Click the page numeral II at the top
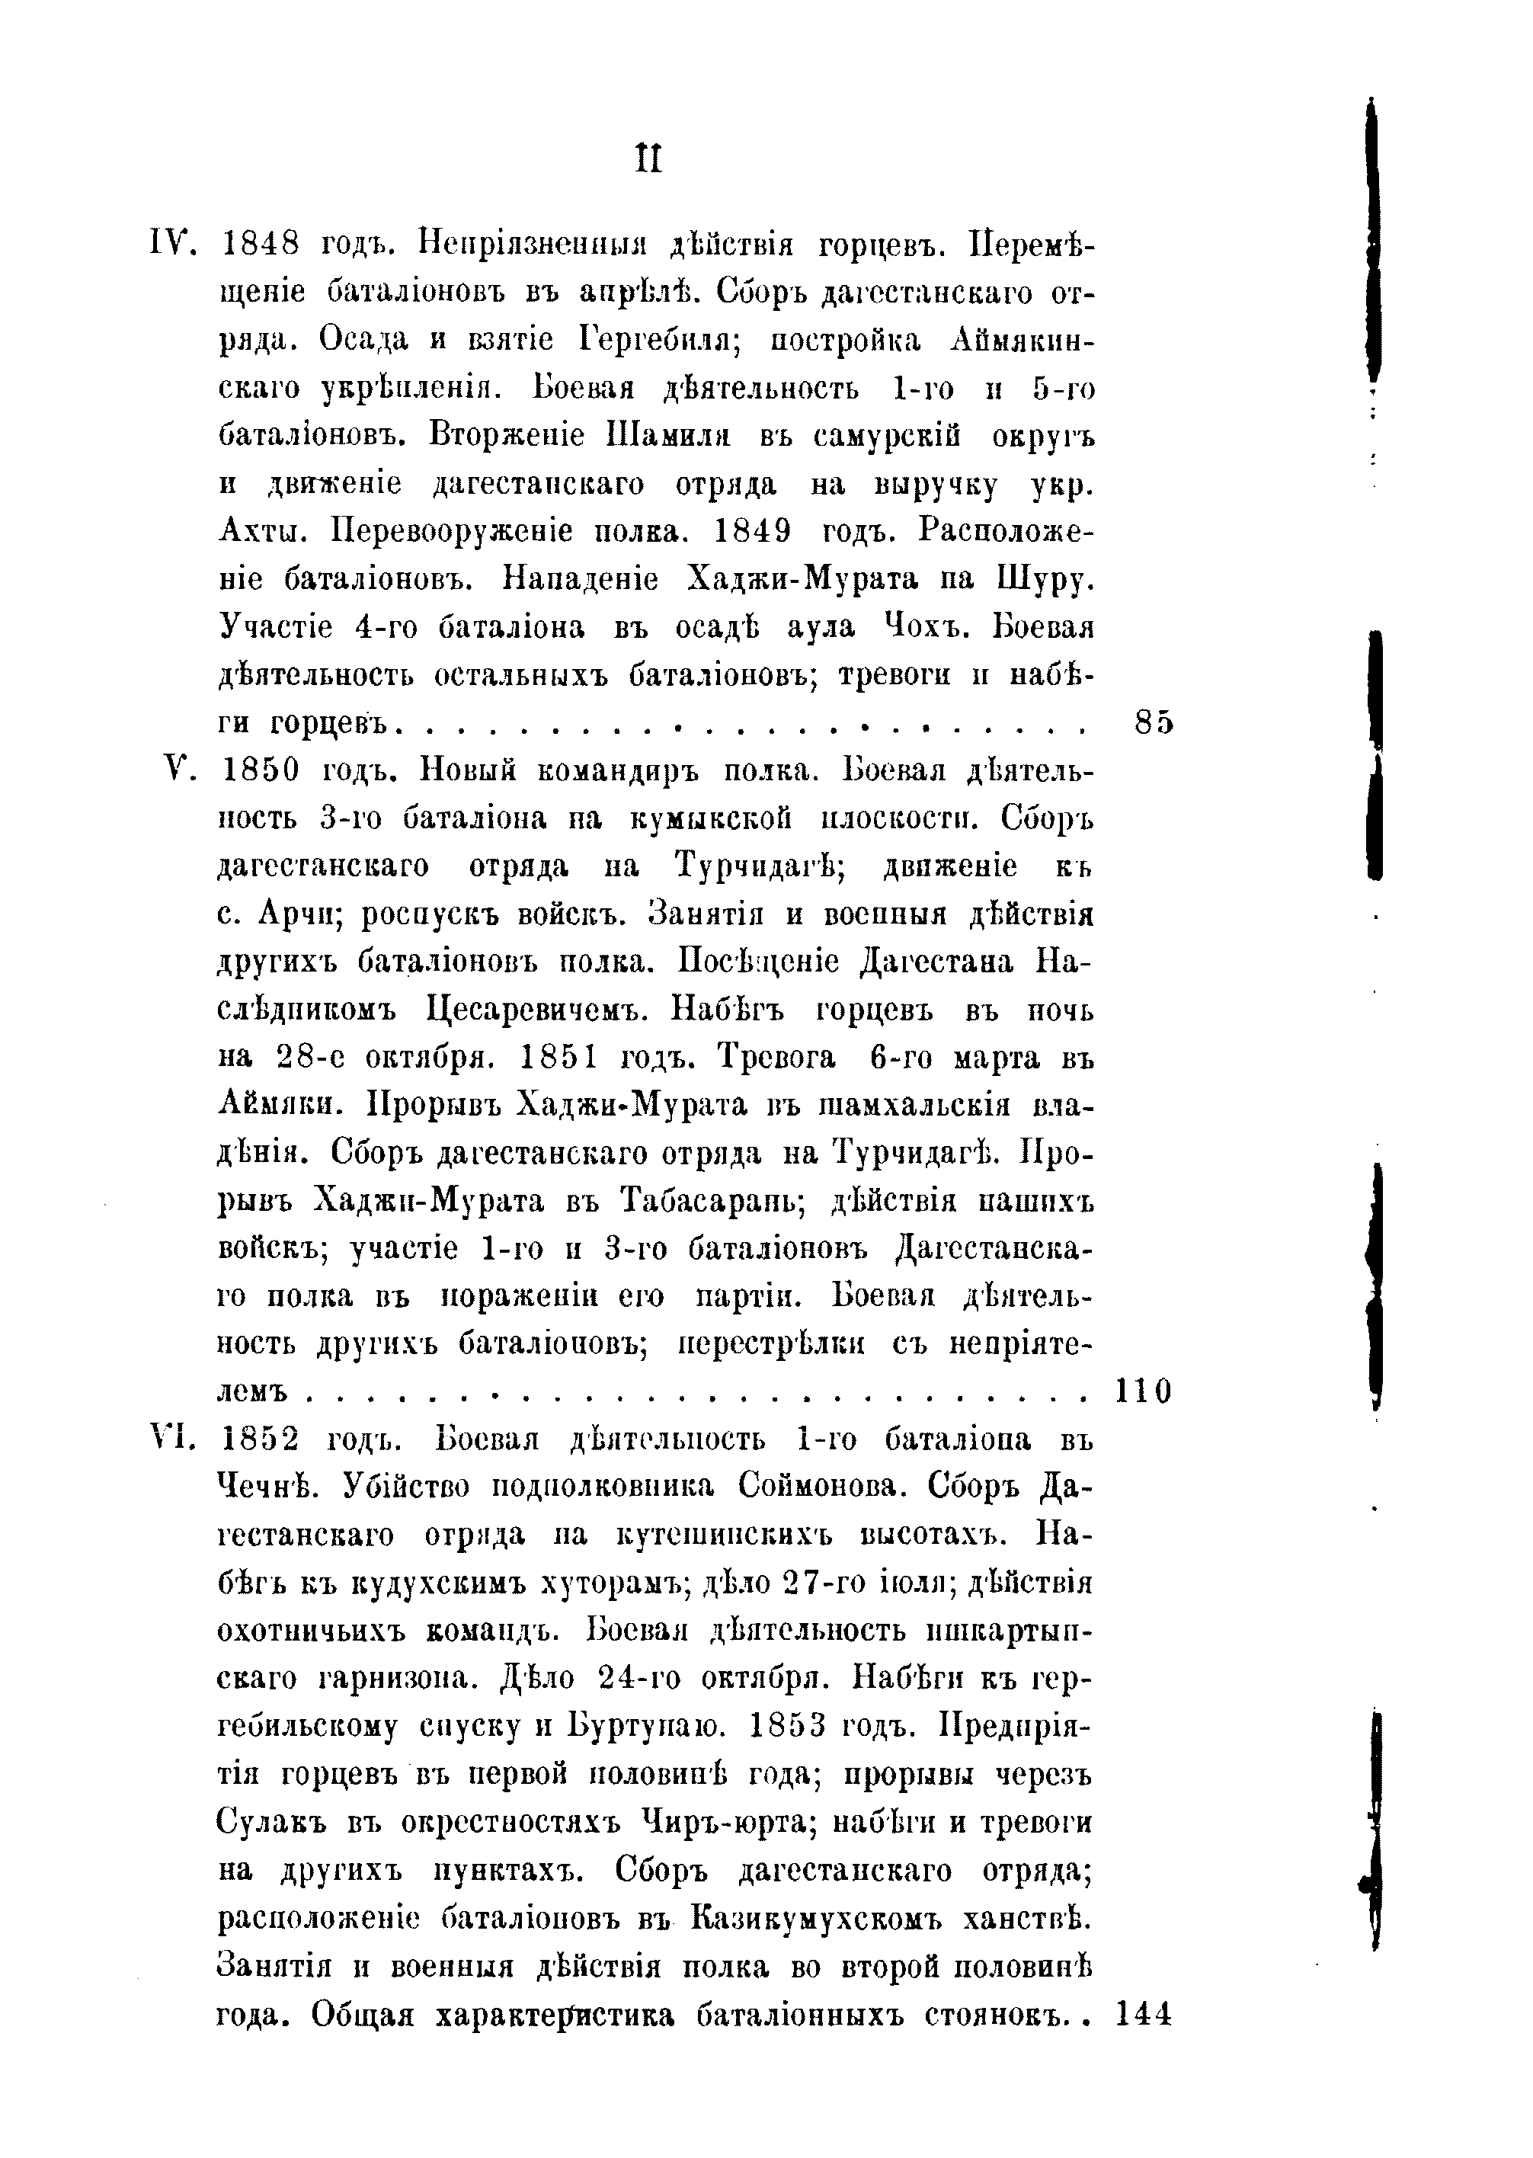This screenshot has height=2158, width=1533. point(649,158)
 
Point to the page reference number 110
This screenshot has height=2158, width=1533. point(1143,1391)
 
